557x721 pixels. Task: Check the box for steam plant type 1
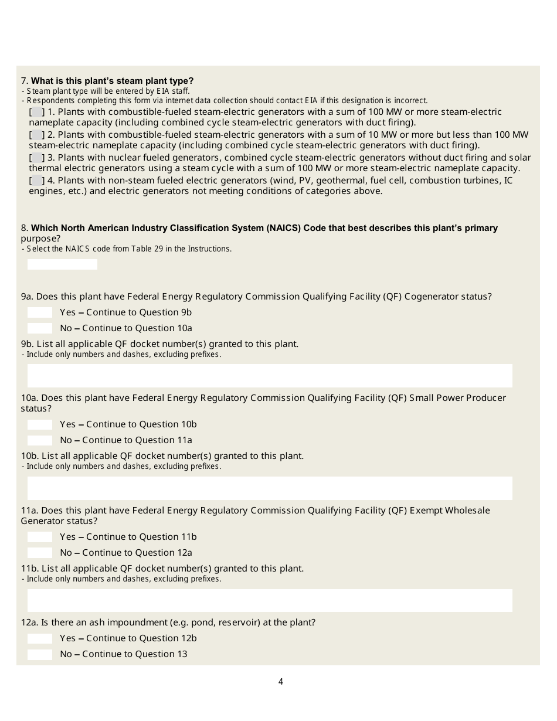(x=36, y=112)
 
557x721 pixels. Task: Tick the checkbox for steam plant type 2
(x=36, y=135)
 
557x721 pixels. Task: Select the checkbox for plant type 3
(x=36, y=158)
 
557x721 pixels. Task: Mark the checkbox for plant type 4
(x=36, y=181)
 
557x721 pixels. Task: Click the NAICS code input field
(x=62, y=264)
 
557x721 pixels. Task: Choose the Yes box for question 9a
(x=40, y=312)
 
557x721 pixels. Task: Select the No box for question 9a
(x=40, y=328)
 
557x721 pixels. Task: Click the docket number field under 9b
(x=270, y=376)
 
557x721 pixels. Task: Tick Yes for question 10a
(x=40, y=424)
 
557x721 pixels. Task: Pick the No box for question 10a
(x=40, y=440)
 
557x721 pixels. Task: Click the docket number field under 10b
(x=270, y=488)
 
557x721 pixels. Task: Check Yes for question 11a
(x=40, y=537)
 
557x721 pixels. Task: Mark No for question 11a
(x=40, y=553)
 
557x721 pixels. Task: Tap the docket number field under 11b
(x=270, y=600)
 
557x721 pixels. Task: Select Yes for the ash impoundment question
(x=40, y=638)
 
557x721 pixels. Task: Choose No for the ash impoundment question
(x=40, y=654)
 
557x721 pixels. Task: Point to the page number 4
(x=281, y=682)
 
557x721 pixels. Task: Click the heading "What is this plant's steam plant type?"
(x=112, y=81)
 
